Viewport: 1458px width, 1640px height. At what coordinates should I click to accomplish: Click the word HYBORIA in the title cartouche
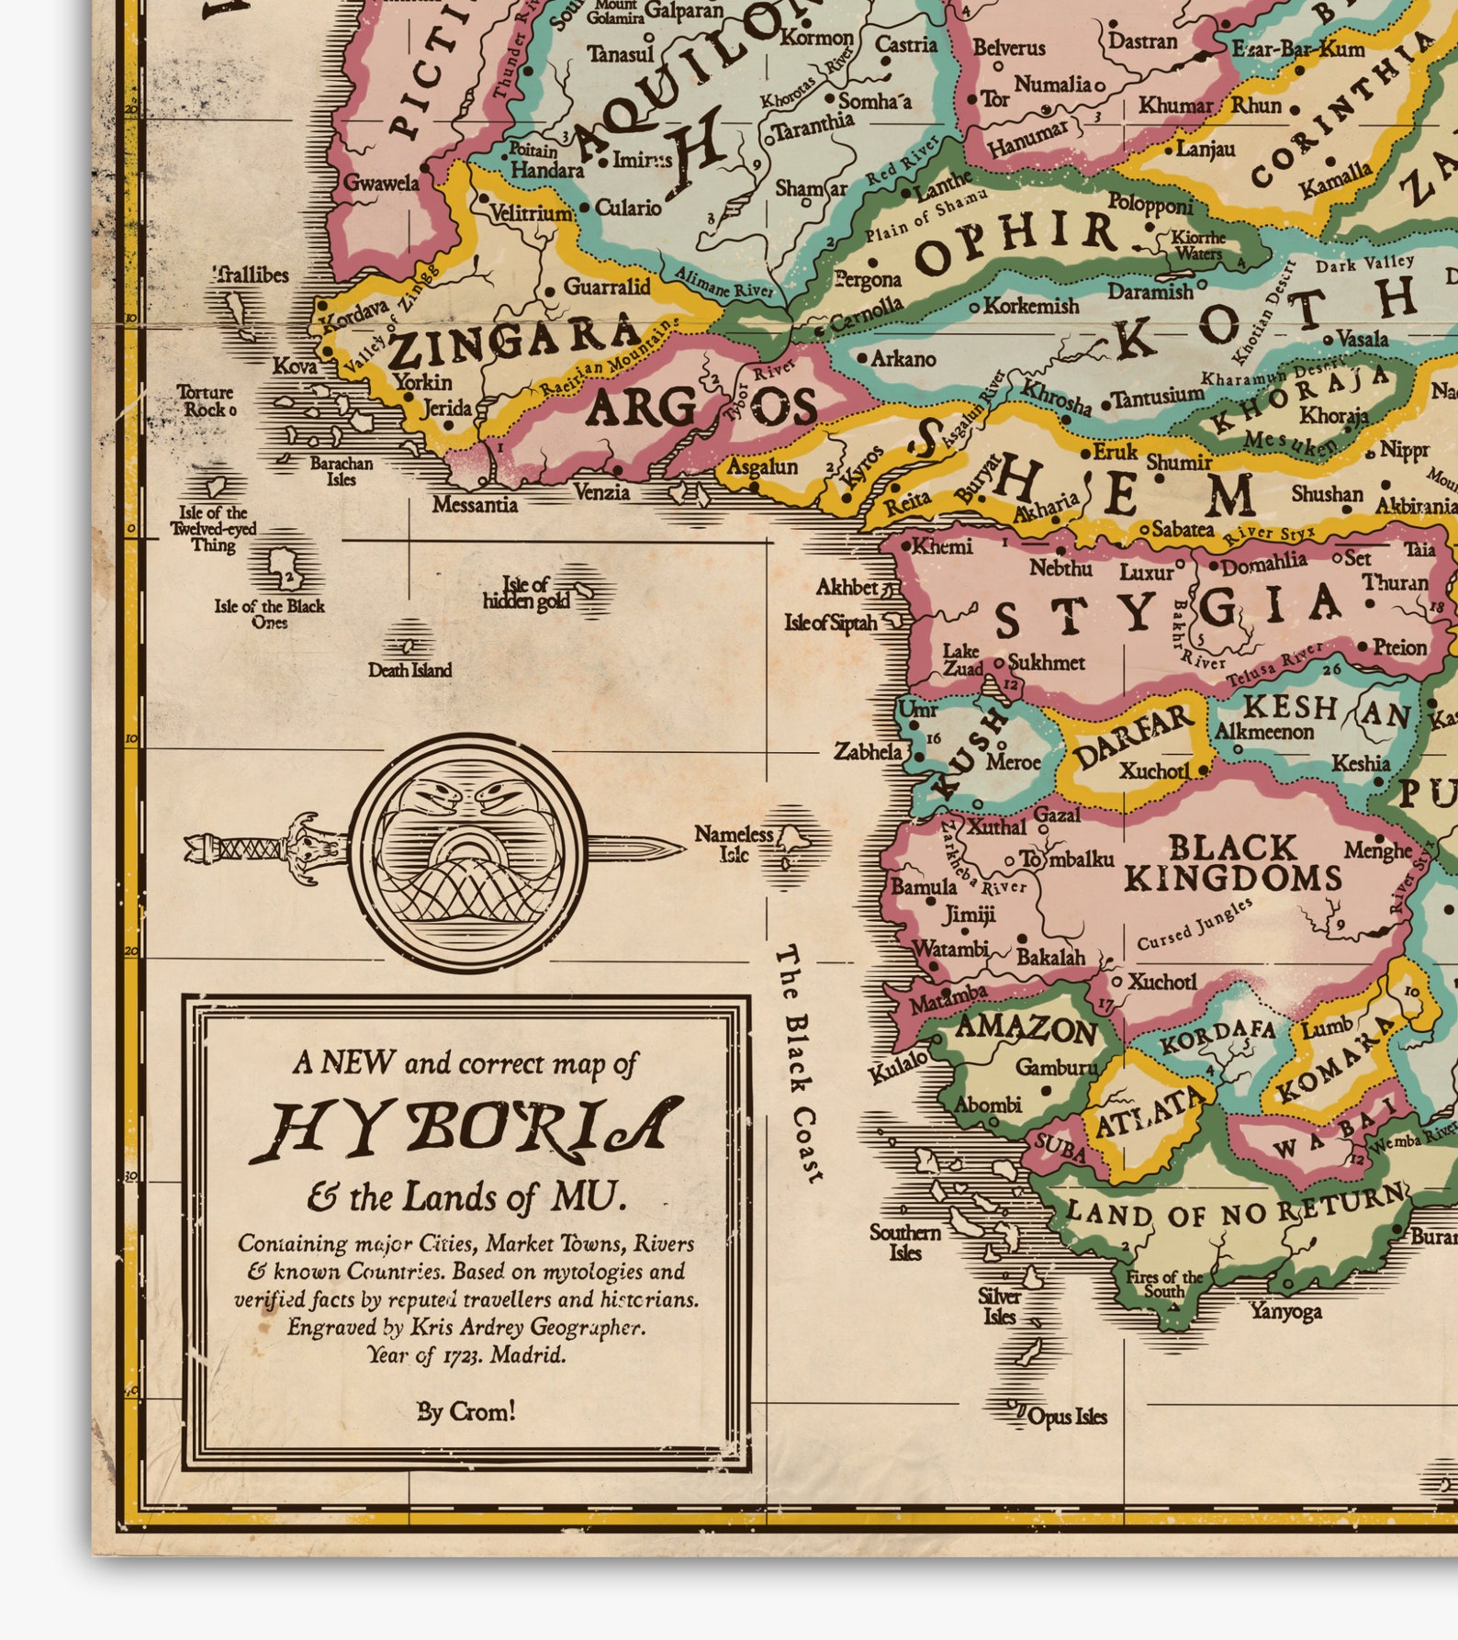pos(466,1128)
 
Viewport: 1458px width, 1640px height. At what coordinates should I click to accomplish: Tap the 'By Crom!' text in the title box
pos(466,1410)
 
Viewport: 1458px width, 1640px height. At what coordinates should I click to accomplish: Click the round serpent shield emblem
pos(468,852)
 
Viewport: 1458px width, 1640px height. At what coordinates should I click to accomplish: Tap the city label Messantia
pos(475,504)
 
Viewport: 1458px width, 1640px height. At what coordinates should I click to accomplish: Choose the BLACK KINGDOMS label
pos(1232,863)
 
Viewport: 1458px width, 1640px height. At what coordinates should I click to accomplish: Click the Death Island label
pos(409,670)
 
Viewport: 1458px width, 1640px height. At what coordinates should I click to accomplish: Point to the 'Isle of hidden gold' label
pos(527,592)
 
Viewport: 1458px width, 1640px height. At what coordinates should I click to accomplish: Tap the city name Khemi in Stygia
pos(942,546)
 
